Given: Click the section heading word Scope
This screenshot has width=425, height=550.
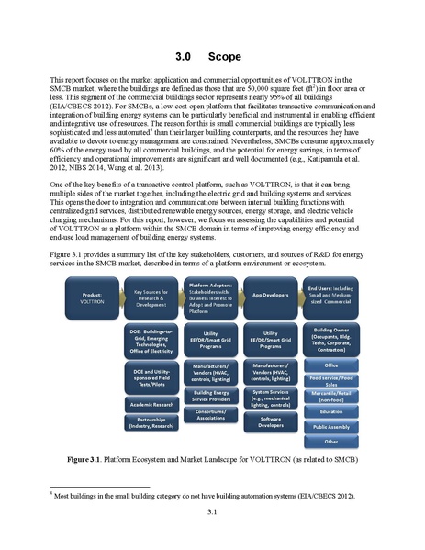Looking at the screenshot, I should point(225,57).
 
